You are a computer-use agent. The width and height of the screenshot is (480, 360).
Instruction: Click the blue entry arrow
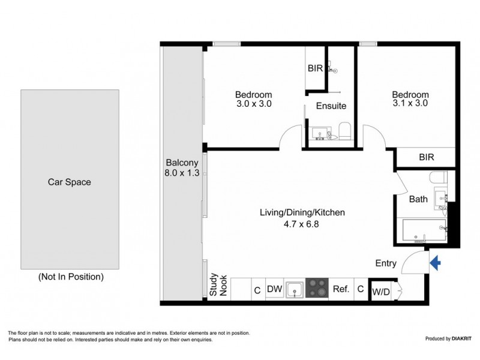point(436,262)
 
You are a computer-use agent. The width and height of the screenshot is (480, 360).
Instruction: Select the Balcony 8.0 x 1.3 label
point(182,167)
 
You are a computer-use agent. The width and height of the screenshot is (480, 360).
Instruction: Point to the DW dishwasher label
point(274,289)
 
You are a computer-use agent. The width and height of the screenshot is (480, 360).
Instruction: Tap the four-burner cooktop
point(317,288)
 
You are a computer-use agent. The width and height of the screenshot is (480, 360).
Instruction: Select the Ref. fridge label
point(341,289)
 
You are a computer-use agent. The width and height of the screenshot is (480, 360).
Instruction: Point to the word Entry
point(386,263)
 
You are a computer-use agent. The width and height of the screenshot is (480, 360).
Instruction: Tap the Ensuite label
point(331,106)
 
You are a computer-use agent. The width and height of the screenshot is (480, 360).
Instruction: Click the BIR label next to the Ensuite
point(315,68)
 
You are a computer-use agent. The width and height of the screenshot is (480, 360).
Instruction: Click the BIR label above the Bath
point(426,157)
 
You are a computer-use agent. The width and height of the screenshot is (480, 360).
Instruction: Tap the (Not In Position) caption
point(71,277)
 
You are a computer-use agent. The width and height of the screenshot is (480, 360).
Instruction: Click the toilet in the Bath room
point(436,178)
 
